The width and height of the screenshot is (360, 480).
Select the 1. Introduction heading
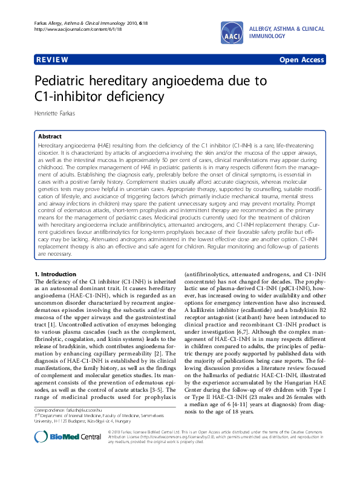click(x=56, y=274)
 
